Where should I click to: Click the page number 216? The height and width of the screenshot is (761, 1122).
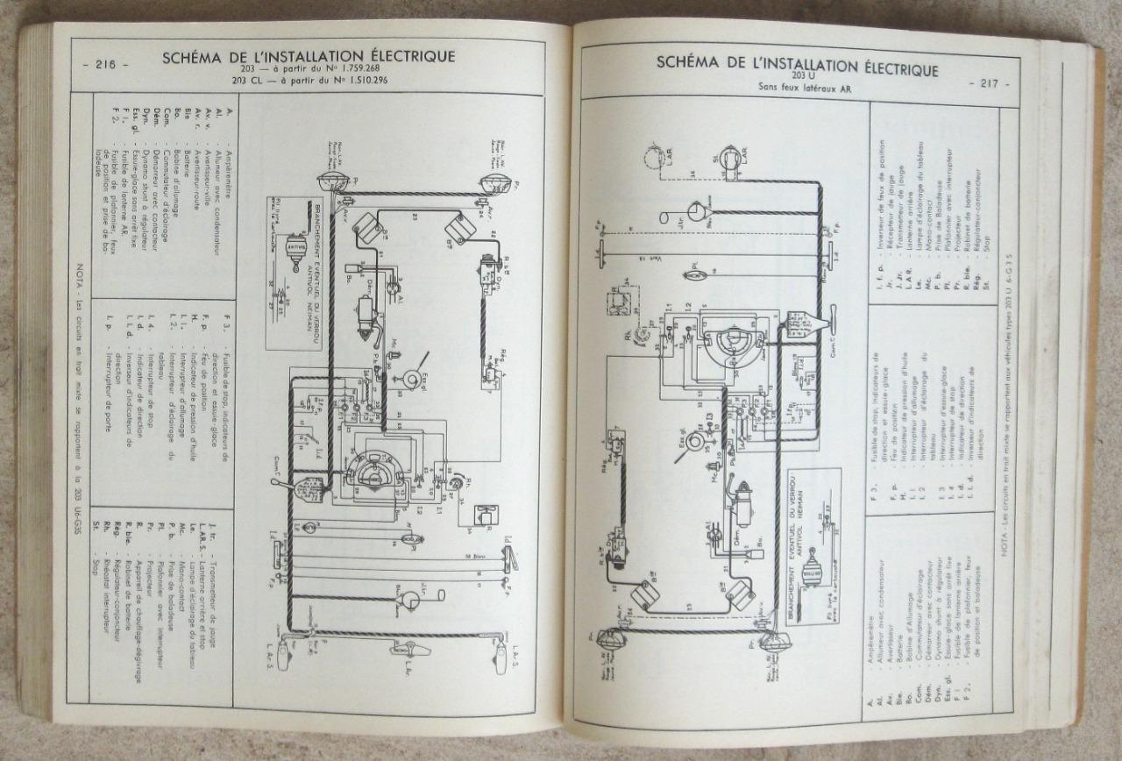(x=104, y=63)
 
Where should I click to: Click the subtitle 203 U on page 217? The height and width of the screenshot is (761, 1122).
(x=797, y=75)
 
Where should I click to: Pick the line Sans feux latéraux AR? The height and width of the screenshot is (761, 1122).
(x=797, y=87)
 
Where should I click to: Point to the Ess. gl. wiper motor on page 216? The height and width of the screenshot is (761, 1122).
(x=408, y=377)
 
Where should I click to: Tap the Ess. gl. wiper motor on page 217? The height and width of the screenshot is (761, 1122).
(x=694, y=439)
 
